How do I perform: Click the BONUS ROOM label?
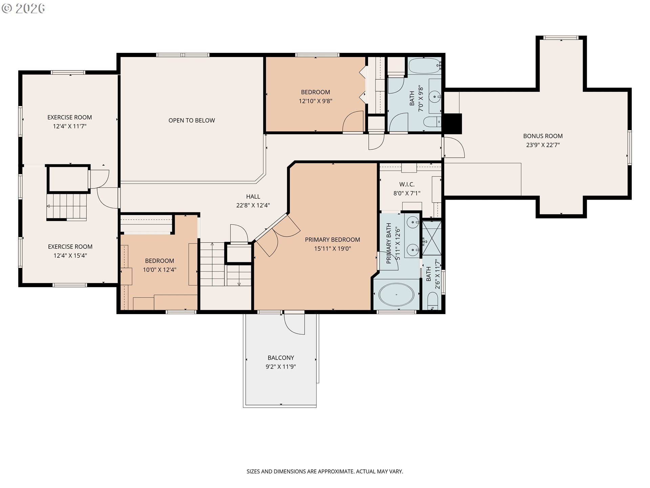[543, 136]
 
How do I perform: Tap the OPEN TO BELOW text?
[192, 120]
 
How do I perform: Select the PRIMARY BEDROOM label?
[332, 240]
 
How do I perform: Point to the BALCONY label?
[281, 358]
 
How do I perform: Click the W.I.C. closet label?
[407, 184]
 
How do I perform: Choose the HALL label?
[253, 197]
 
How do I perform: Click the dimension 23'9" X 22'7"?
[543, 145]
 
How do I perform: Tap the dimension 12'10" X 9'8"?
[316, 101]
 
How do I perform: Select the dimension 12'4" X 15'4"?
[70, 256]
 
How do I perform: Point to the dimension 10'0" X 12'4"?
[159, 270]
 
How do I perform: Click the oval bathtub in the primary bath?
[396, 295]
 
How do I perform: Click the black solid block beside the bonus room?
[453, 124]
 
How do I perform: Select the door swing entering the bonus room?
[454, 147]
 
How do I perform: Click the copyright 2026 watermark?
[23, 8]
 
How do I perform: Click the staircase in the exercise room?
[67, 207]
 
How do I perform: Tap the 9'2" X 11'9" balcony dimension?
[281, 367]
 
